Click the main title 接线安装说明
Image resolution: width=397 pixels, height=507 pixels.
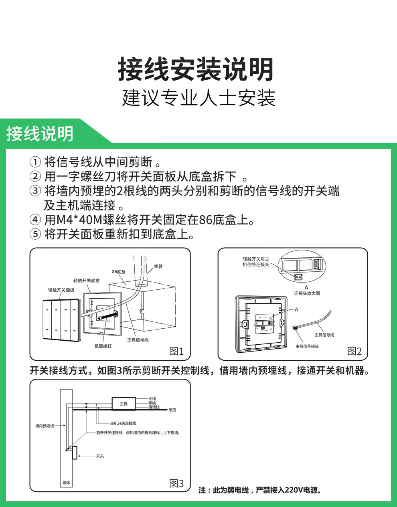click(196, 69)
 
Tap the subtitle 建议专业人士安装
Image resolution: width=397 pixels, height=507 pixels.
click(198, 98)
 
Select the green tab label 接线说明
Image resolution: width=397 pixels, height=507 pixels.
click(40, 133)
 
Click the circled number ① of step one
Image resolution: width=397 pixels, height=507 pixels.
click(35, 162)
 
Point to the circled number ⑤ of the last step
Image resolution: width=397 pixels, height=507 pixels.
click(35, 234)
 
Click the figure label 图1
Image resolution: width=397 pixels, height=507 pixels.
click(176, 351)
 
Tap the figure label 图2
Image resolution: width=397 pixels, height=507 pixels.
click(354, 351)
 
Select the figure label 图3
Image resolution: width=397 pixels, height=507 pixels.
click(176, 483)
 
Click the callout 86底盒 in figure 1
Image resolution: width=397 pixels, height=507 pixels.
click(119, 272)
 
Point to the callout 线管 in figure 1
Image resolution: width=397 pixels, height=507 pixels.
click(158, 267)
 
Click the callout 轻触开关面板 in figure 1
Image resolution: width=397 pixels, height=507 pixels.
click(61, 290)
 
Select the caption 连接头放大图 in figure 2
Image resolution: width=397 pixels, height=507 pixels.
click(307, 293)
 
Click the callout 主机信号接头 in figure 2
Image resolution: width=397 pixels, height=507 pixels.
click(307, 346)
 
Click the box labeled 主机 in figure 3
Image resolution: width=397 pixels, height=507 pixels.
click(124, 404)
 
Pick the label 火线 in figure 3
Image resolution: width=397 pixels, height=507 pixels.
click(152, 399)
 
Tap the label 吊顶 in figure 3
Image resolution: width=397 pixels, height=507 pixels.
click(172, 410)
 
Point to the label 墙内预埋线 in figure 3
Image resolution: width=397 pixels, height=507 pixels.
click(45, 426)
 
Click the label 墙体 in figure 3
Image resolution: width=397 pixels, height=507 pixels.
click(66, 483)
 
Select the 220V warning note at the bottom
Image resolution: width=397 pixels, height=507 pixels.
click(260, 490)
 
